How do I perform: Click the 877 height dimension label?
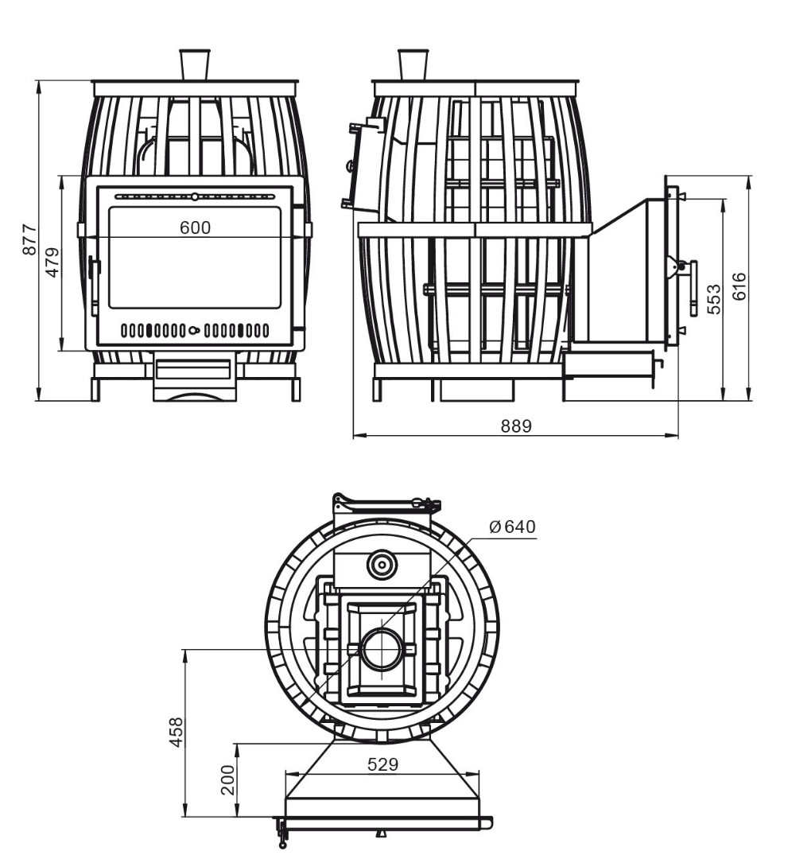[29, 239]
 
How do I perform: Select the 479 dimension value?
[52, 262]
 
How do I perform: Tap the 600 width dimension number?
[195, 227]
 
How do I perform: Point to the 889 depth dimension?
[516, 426]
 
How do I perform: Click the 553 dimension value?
[714, 299]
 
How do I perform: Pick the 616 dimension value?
[739, 286]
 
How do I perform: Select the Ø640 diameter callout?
[512, 527]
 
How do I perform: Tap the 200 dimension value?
[227, 779]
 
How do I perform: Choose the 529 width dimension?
[382, 764]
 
